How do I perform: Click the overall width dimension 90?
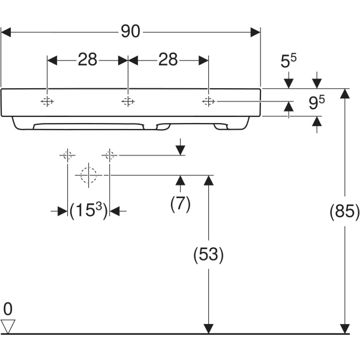pos(131,31)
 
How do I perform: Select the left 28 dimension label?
pos(88,59)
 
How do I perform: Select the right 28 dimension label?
pos(169,59)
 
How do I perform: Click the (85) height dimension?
pos(344,212)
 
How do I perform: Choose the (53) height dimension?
pos(208,255)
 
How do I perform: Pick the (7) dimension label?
pos(180,203)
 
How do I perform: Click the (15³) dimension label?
pos(88,211)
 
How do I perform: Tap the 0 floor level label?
pos(8,310)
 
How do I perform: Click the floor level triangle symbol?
pos(8,326)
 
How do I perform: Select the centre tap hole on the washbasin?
pos(127,101)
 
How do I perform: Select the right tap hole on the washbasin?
pos(208,101)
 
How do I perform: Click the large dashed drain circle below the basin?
pos(88,175)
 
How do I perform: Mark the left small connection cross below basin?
pos(67,155)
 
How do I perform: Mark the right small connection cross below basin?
pos(109,155)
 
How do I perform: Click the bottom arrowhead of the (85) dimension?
pos(344,328)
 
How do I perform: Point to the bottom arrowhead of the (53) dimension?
pos(208,328)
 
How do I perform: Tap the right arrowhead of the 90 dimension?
pos(257,31)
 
